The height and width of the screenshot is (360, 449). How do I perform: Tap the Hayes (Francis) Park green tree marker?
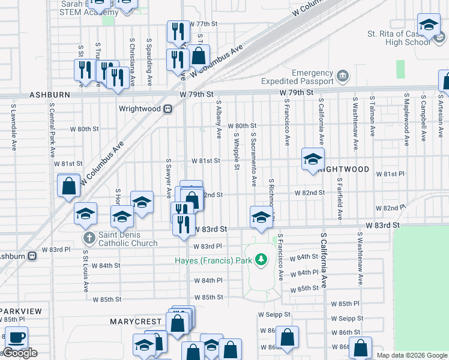point(261,260)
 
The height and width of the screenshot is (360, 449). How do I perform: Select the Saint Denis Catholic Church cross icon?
point(89,238)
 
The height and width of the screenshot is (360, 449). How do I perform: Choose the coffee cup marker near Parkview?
point(16,338)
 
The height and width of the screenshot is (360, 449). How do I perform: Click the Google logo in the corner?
point(20,353)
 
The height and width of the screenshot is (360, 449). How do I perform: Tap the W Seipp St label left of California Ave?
point(274,314)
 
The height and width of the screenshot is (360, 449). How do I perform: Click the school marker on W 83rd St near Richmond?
point(261,217)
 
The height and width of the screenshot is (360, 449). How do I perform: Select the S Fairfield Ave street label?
point(340,199)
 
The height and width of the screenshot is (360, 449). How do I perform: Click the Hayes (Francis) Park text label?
point(213,260)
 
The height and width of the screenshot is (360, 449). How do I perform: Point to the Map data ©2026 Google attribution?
point(412,355)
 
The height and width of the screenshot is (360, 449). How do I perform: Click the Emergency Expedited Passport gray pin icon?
point(342,76)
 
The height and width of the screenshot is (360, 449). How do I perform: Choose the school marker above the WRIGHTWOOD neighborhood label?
point(312,160)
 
